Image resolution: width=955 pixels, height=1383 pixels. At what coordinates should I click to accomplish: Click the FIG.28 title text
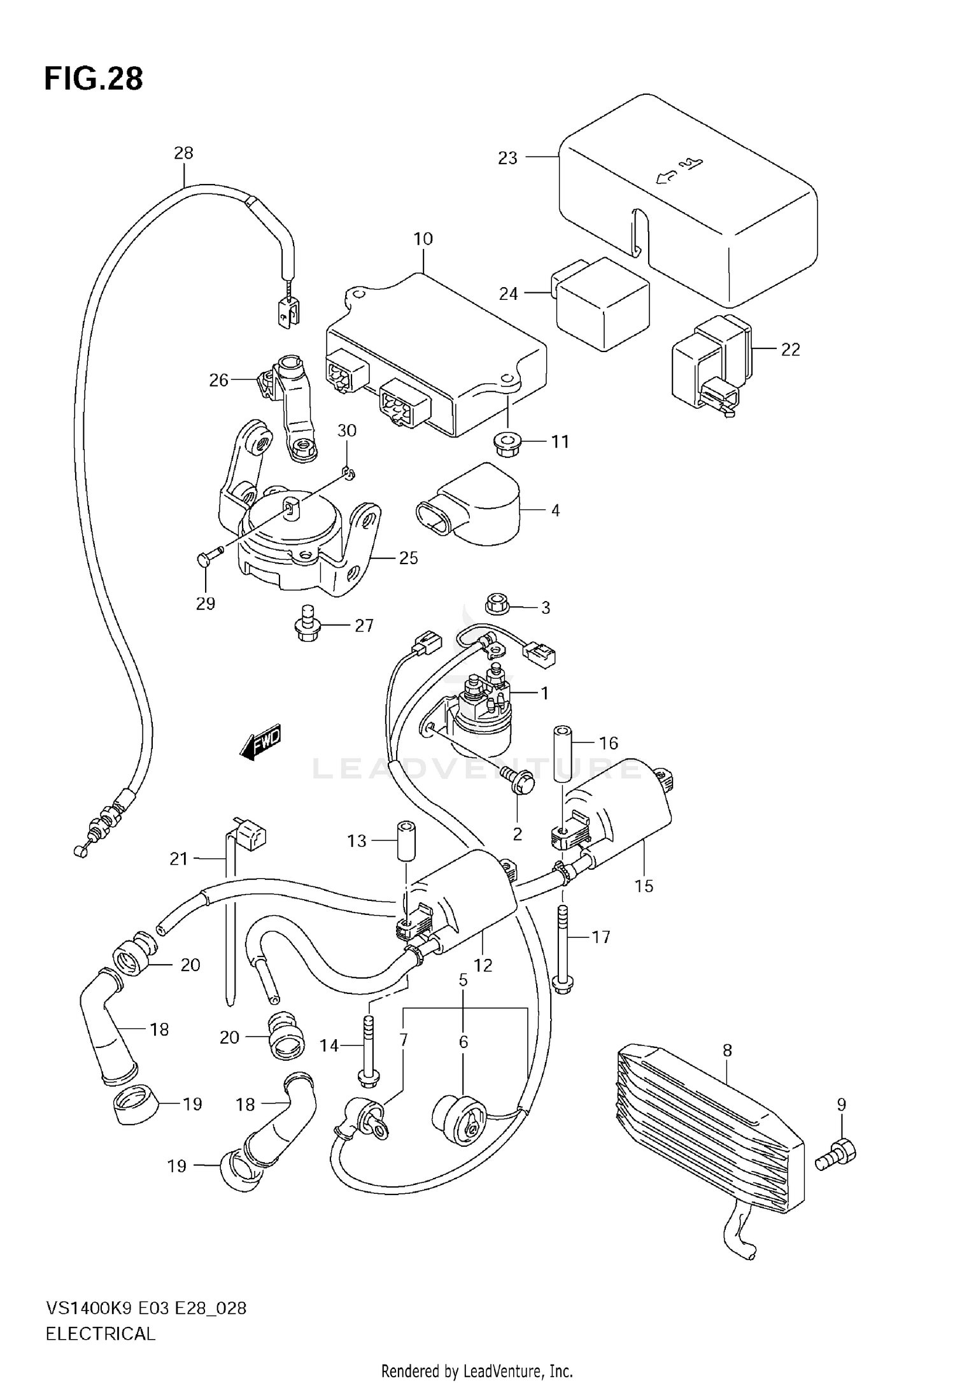click(94, 79)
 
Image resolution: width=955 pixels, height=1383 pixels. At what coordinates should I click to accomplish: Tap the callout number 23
click(507, 158)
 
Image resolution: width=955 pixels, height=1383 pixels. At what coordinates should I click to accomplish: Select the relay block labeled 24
click(602, 304)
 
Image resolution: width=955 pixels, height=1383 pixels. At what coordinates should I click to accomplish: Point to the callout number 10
click(423, 239)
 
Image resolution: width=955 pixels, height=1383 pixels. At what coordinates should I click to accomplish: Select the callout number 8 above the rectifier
click(728, 1050)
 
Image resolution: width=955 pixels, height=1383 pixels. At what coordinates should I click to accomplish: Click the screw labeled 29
click(206, 559)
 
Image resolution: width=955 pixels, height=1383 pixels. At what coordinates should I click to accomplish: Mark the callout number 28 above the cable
click(183, 153)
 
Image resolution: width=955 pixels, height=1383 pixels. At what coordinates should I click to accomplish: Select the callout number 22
click(790, 350)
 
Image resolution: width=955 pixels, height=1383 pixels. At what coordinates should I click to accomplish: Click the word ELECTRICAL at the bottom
click(100, 1334)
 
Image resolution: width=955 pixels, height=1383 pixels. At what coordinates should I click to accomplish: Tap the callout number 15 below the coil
click(644, 886)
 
